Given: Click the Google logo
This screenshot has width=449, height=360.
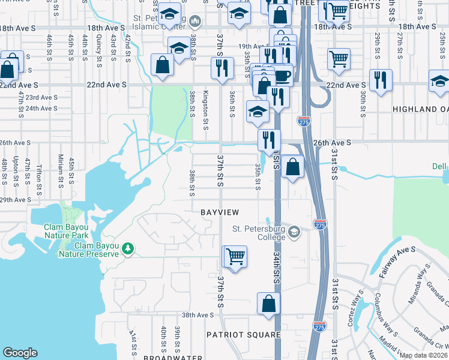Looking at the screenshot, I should point(20,353).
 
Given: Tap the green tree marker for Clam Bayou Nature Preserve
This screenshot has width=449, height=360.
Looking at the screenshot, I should point(127,248).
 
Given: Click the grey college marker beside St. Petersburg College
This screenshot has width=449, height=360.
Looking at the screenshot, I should point(294,232).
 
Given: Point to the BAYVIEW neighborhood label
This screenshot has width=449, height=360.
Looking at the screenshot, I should point(220,212).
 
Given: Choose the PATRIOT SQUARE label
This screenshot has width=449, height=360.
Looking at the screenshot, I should point(243,335).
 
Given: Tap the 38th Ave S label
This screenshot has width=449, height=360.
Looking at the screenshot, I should point(198,315).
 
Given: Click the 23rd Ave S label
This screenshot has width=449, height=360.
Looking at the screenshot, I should point(41,97).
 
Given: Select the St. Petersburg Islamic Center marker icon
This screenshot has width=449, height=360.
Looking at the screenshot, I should point(194,23).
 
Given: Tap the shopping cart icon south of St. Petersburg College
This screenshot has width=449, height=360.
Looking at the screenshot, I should point(236,257).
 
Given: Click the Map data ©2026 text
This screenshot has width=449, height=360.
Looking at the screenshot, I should point(423,355).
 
